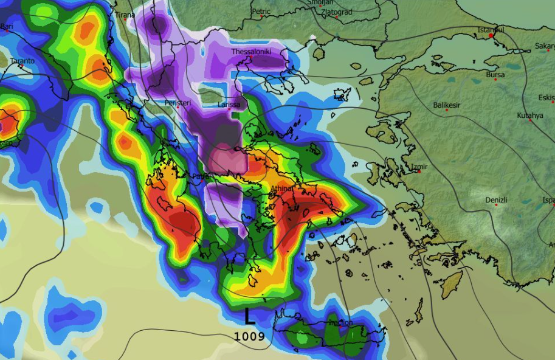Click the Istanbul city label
pos(491,29)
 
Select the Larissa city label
pos(229,105)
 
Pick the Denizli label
pos(496,200)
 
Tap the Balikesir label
pos(447,105)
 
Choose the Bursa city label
pos(495,75)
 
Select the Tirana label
pos(125,15)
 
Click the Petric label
pos(261,11)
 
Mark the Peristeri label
pos(178,103)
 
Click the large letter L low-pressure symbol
pos(249,316)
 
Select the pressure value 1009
pos(249,336)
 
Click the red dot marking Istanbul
pos(491,35)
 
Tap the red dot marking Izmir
pos(419,171)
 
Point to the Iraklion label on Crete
pos(340,322)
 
